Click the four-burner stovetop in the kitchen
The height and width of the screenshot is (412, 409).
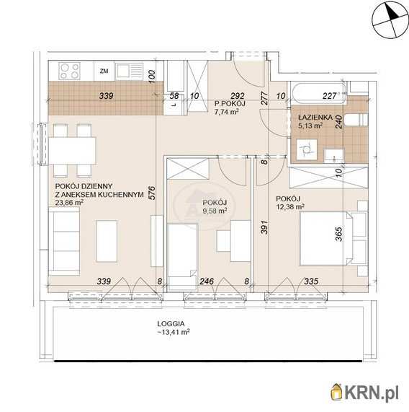coord(69,71)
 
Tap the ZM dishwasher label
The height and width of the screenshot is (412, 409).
coord(104,71)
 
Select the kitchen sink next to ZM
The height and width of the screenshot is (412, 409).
coord(130,71)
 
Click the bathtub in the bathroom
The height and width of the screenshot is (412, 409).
coord(318,92)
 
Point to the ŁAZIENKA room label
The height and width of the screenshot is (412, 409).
coord(315,117)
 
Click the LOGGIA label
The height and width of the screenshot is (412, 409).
coord(171,324)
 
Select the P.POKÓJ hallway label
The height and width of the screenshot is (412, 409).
coord(230,103)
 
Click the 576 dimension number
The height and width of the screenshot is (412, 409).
coord(152,193)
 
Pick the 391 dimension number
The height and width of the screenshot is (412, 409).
coord(265,227)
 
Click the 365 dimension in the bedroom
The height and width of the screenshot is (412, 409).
coord(338,234)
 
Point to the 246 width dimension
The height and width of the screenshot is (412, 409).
coord(207,281)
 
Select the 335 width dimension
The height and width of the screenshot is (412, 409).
coord(311,281)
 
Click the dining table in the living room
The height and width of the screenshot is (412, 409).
coord(72,151)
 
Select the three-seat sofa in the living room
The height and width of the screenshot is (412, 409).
coord(64,241)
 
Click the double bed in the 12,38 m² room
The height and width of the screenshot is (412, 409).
coord(325,238)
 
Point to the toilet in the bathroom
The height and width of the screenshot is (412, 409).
coord(356,120)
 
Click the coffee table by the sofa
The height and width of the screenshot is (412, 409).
coord(107,241)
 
